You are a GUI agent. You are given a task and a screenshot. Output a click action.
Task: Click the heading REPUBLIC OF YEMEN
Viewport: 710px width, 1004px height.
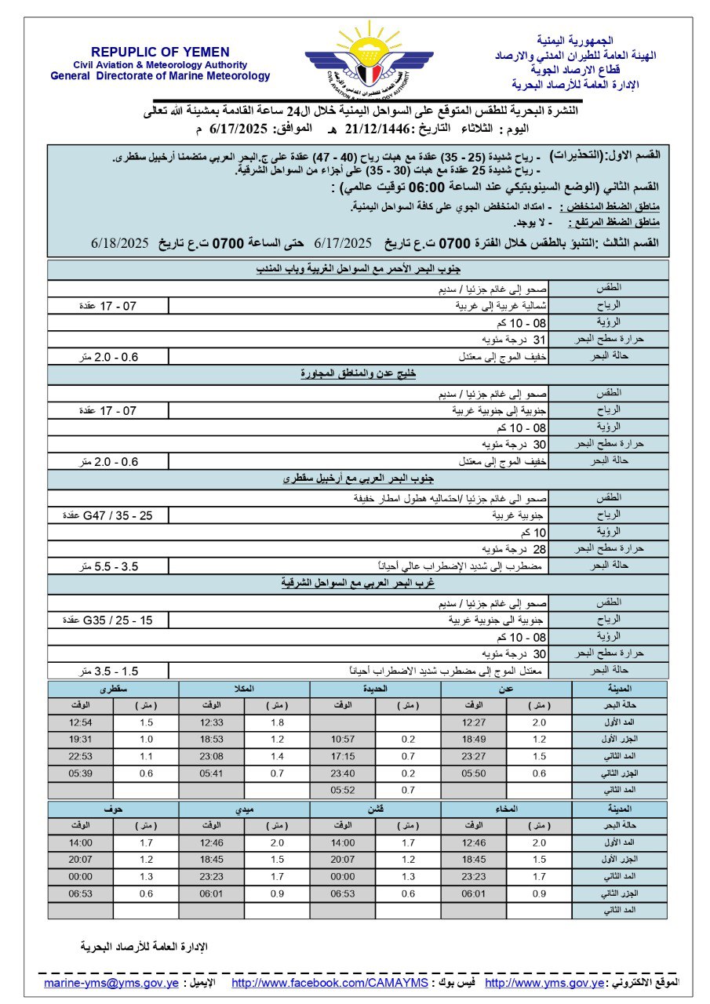tap(160, 52)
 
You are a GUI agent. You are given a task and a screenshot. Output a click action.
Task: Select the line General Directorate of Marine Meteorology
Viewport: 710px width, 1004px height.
tap(160, 76)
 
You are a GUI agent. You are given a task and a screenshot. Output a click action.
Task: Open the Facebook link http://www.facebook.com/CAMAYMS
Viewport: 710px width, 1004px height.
tap(330, 983)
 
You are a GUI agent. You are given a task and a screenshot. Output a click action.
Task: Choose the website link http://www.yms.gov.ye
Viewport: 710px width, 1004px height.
tap(545, 983)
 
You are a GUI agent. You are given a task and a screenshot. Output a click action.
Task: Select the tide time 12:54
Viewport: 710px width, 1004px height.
tap(80, 722)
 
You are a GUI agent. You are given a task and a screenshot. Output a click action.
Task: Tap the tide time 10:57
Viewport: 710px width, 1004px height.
tap(343, 739)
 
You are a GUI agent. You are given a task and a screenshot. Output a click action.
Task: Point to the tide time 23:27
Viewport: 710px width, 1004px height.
tap(474, 755)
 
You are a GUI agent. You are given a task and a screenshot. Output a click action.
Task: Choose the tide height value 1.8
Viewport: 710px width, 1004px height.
tap(277, 722)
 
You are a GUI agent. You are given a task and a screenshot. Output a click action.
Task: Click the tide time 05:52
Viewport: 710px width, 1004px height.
tap(343, 789)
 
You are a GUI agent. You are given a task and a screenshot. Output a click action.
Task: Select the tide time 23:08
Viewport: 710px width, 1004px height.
tap(212, 755)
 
